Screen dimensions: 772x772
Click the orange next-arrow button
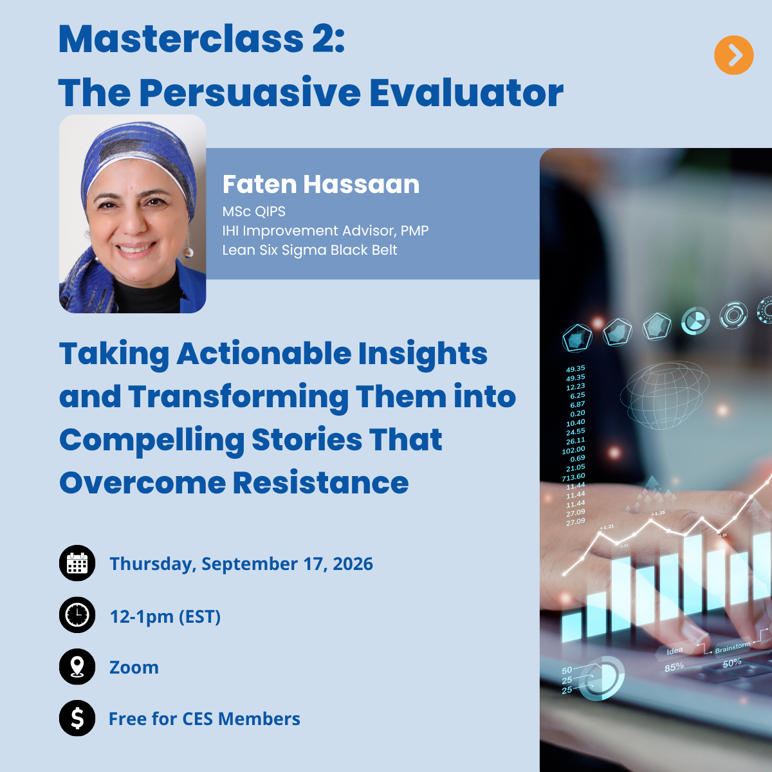tap(733, 55)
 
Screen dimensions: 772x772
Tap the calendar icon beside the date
tap(77, 563)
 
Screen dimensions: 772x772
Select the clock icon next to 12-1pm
tap(77, 615)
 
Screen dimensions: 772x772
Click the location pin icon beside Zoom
tap(77, 666)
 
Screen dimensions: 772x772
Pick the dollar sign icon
tap(77, 719)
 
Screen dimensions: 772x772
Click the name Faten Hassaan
tap(321, 184)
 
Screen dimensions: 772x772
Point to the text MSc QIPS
tap(253, 212)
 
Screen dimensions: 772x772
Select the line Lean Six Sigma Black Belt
tap(309, 250)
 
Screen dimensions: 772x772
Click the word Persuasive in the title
tap(250, 93)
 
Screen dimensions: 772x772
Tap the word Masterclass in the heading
tap(181, 39)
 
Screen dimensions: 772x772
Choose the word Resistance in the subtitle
tap(320, 482)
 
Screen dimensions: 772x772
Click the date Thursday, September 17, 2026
tap(241, 564)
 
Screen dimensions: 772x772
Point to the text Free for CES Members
tap(205, 719)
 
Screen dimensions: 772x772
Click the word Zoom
tap(134, 667)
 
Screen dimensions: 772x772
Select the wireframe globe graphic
tap(664, 396)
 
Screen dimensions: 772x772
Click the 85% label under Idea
tap(674, 667)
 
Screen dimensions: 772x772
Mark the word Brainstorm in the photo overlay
tap(732, 647)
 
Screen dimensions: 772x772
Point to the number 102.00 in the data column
tap(573, 450)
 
